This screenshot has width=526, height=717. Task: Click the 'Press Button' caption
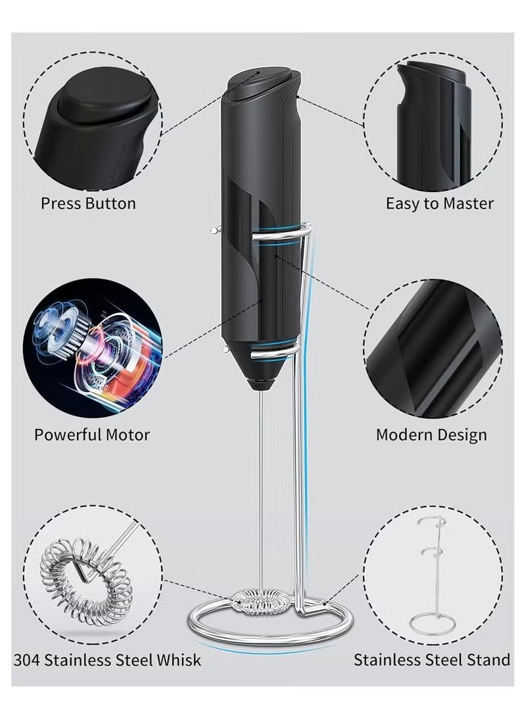[x=88, y=203]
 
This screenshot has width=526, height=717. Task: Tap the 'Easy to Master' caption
[x=440, y=203]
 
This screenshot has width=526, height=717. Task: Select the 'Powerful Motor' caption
[x=92, y=434]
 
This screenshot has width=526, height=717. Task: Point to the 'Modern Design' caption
[x=431, y=434]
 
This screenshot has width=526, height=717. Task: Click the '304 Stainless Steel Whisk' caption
[x=107, y=660]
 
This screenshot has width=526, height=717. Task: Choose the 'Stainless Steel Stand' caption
[x=432, y=660]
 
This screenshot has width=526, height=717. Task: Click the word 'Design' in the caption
[x=458, y=435]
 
